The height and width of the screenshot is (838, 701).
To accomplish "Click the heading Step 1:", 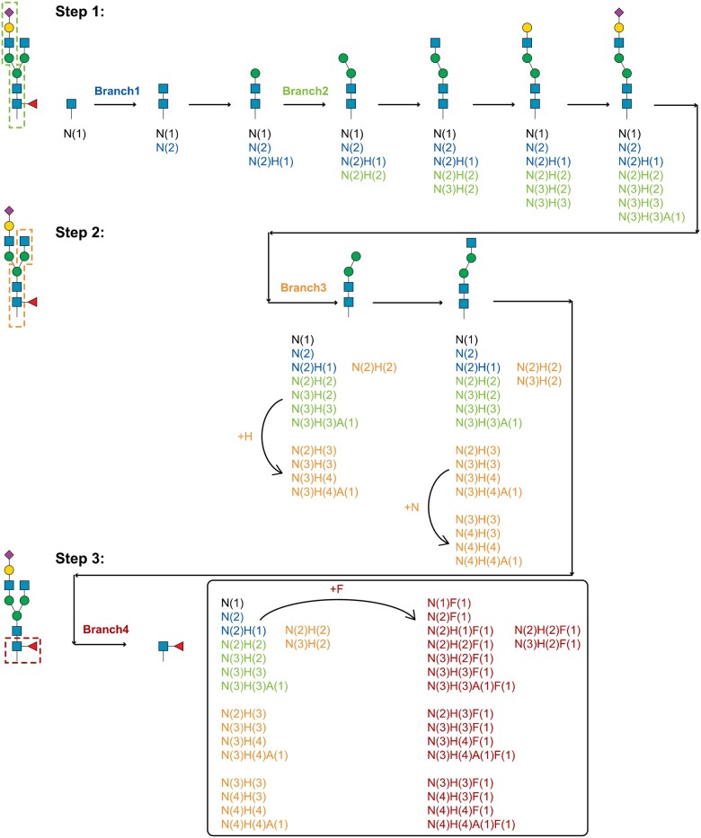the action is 80,12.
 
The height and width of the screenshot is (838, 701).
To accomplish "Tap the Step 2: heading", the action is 80,233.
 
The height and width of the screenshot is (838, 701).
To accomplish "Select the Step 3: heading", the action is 80,559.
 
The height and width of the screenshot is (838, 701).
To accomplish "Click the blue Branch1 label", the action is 117,91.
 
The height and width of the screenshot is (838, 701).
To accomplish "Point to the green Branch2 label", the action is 306,91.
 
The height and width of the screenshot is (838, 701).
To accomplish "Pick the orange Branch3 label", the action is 303,287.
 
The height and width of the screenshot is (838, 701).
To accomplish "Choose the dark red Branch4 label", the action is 106,630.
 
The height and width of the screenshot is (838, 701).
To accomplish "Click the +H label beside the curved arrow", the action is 244,437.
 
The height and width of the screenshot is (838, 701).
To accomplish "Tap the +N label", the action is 412,507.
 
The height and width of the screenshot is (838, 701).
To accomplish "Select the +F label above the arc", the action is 336,589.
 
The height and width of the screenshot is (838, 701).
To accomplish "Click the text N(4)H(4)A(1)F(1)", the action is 471,825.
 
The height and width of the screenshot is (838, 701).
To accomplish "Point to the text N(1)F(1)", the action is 449,604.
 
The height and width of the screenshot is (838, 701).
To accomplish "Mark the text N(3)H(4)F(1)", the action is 460,741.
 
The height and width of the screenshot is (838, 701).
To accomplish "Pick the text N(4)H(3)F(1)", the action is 460,797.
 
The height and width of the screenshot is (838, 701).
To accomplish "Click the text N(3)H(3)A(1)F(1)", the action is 471,685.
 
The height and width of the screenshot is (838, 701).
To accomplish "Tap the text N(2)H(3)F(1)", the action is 460,713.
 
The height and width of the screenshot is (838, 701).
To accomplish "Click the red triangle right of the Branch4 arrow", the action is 179,647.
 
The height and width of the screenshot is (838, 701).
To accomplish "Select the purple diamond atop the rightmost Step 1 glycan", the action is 619,12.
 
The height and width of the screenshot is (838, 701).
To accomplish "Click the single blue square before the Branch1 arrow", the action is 71,103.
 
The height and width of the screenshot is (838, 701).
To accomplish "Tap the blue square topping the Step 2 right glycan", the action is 471,243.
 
